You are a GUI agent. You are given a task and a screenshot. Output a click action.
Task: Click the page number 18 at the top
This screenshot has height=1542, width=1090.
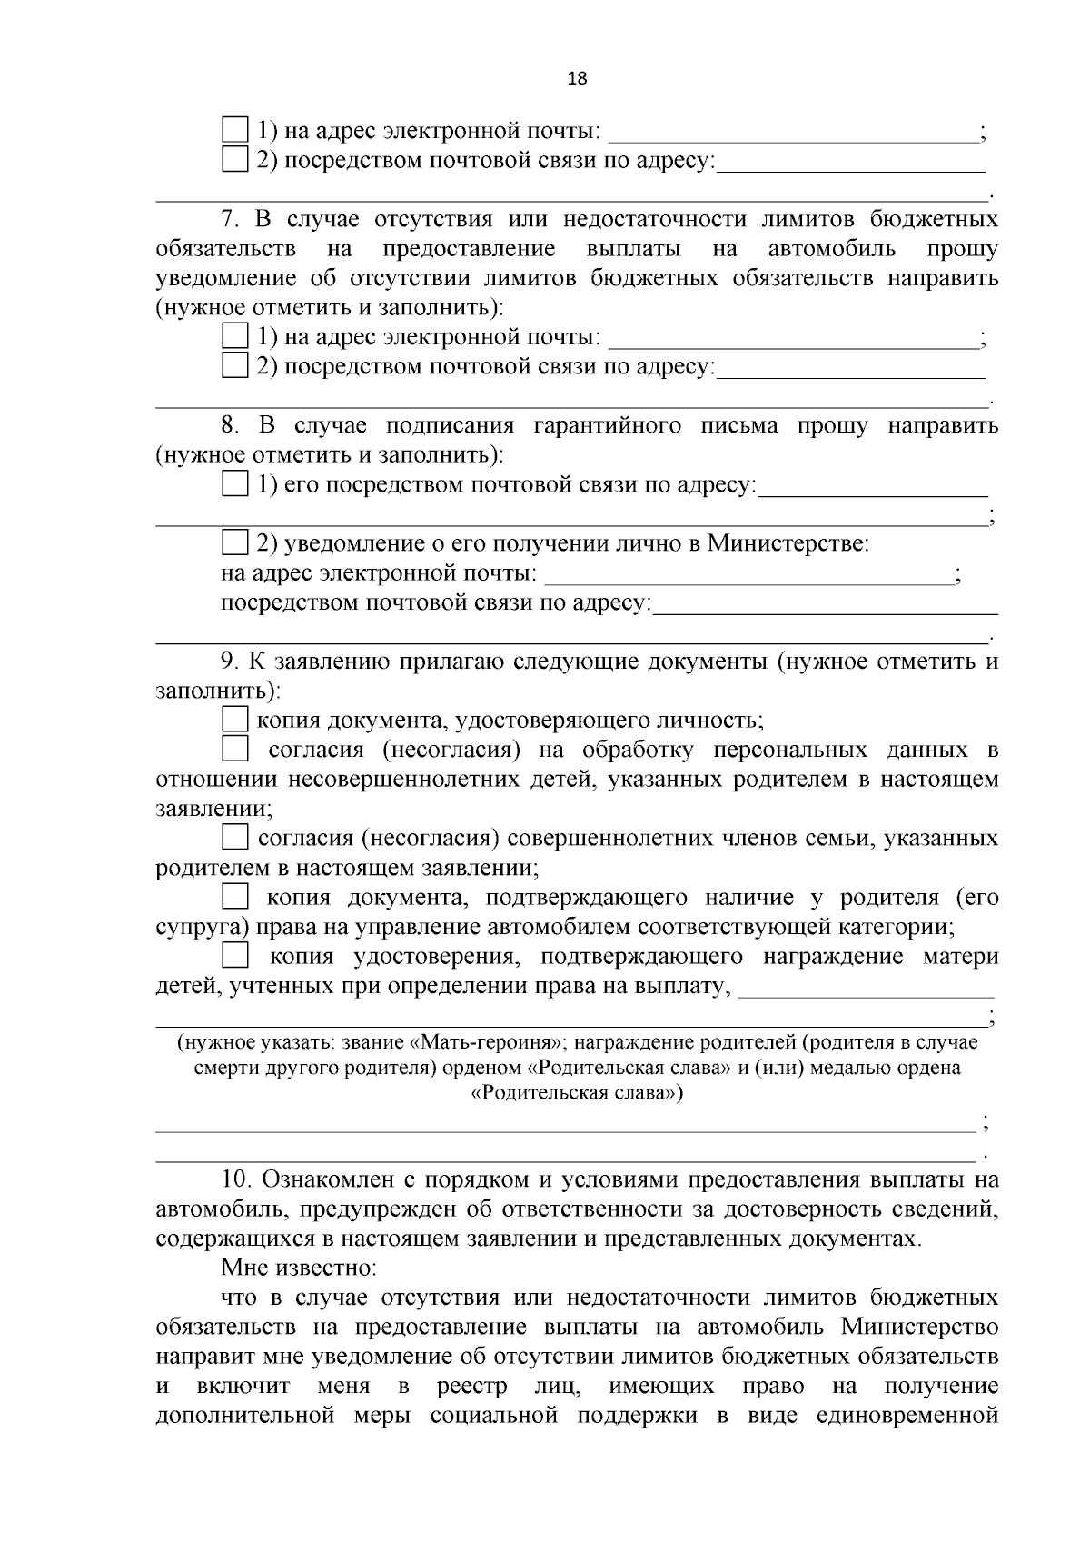(x=577, y=78)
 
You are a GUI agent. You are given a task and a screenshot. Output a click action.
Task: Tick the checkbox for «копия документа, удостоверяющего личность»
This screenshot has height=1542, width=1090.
(x=235, y=720)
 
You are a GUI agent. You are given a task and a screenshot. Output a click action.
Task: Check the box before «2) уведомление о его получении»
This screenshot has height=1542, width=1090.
(x=235, y=543)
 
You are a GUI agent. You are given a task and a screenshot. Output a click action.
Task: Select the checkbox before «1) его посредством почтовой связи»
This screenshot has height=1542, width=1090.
(x=235, y=484)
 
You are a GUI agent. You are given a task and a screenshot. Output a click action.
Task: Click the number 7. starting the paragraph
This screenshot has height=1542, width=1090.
(x=231, y=219)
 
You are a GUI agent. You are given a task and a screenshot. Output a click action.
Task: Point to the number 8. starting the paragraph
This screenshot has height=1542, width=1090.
(x=231, y=425)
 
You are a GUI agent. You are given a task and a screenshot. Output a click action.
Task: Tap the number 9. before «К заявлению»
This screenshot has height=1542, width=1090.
(x=231, y=661)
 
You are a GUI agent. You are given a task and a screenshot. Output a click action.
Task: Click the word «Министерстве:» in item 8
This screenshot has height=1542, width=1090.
(x=788, y=543)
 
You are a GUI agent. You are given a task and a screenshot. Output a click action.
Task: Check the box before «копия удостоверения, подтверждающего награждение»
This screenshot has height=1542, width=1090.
(x=235, y=955)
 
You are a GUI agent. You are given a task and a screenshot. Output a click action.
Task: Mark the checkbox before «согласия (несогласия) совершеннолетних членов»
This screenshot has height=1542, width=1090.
(x=235, y=837)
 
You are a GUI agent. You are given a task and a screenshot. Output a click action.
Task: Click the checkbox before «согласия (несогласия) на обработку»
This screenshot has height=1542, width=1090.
(x=235, y=750)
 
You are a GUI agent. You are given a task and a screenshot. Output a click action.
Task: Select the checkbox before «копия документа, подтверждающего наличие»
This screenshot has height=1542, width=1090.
(x=235, y=898)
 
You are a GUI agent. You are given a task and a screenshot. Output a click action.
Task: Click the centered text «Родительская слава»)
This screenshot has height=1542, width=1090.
(x=577, y=1093)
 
